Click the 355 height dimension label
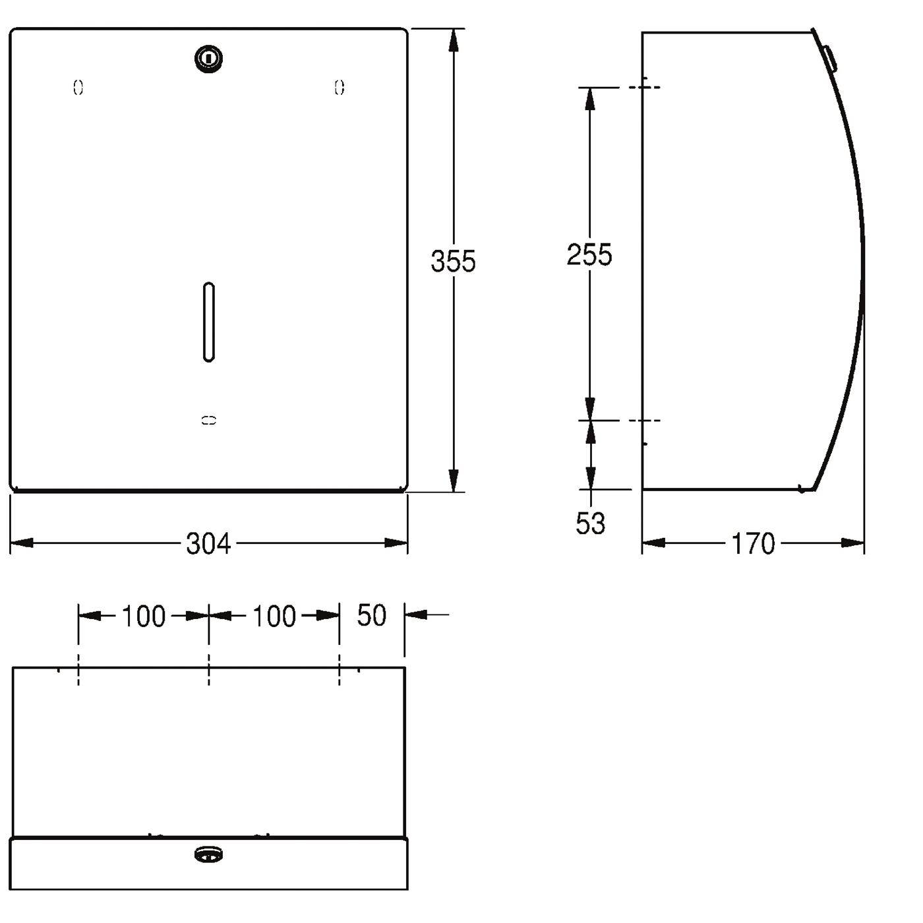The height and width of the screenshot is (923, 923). (453, 261)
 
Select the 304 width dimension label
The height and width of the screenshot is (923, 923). (208, 544)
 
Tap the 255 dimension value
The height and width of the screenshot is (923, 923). (589, 254)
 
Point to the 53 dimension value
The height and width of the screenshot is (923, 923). (590, 523)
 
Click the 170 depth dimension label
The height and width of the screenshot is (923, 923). (752, 544)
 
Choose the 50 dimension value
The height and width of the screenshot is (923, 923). (371, 615)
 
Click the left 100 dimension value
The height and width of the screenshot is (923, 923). (144, 616)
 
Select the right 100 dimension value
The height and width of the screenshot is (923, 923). (274, 616)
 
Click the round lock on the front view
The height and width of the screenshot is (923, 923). (208, 59)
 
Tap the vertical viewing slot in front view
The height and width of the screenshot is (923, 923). (209, 321)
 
